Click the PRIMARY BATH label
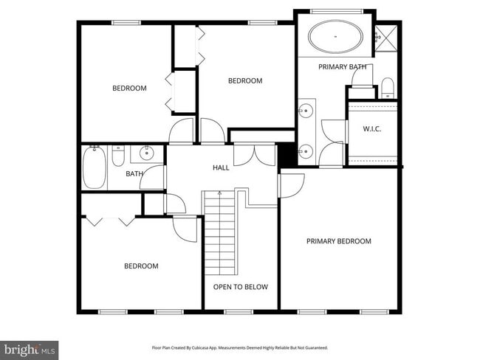coord(342,67)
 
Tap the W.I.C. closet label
coord(371,129)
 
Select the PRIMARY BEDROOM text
coord(339,241)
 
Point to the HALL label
coord(221,168)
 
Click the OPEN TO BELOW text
coord(241,287)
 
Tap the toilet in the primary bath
coord(388,89)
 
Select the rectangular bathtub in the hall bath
coord(94,168)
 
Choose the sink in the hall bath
coord(145,154)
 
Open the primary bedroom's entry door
coord(291,184)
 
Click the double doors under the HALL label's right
coord(255,154)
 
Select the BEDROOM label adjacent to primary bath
coord(244,81)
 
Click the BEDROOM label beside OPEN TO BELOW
coord(140,266)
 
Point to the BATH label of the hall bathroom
coord(134,174)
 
